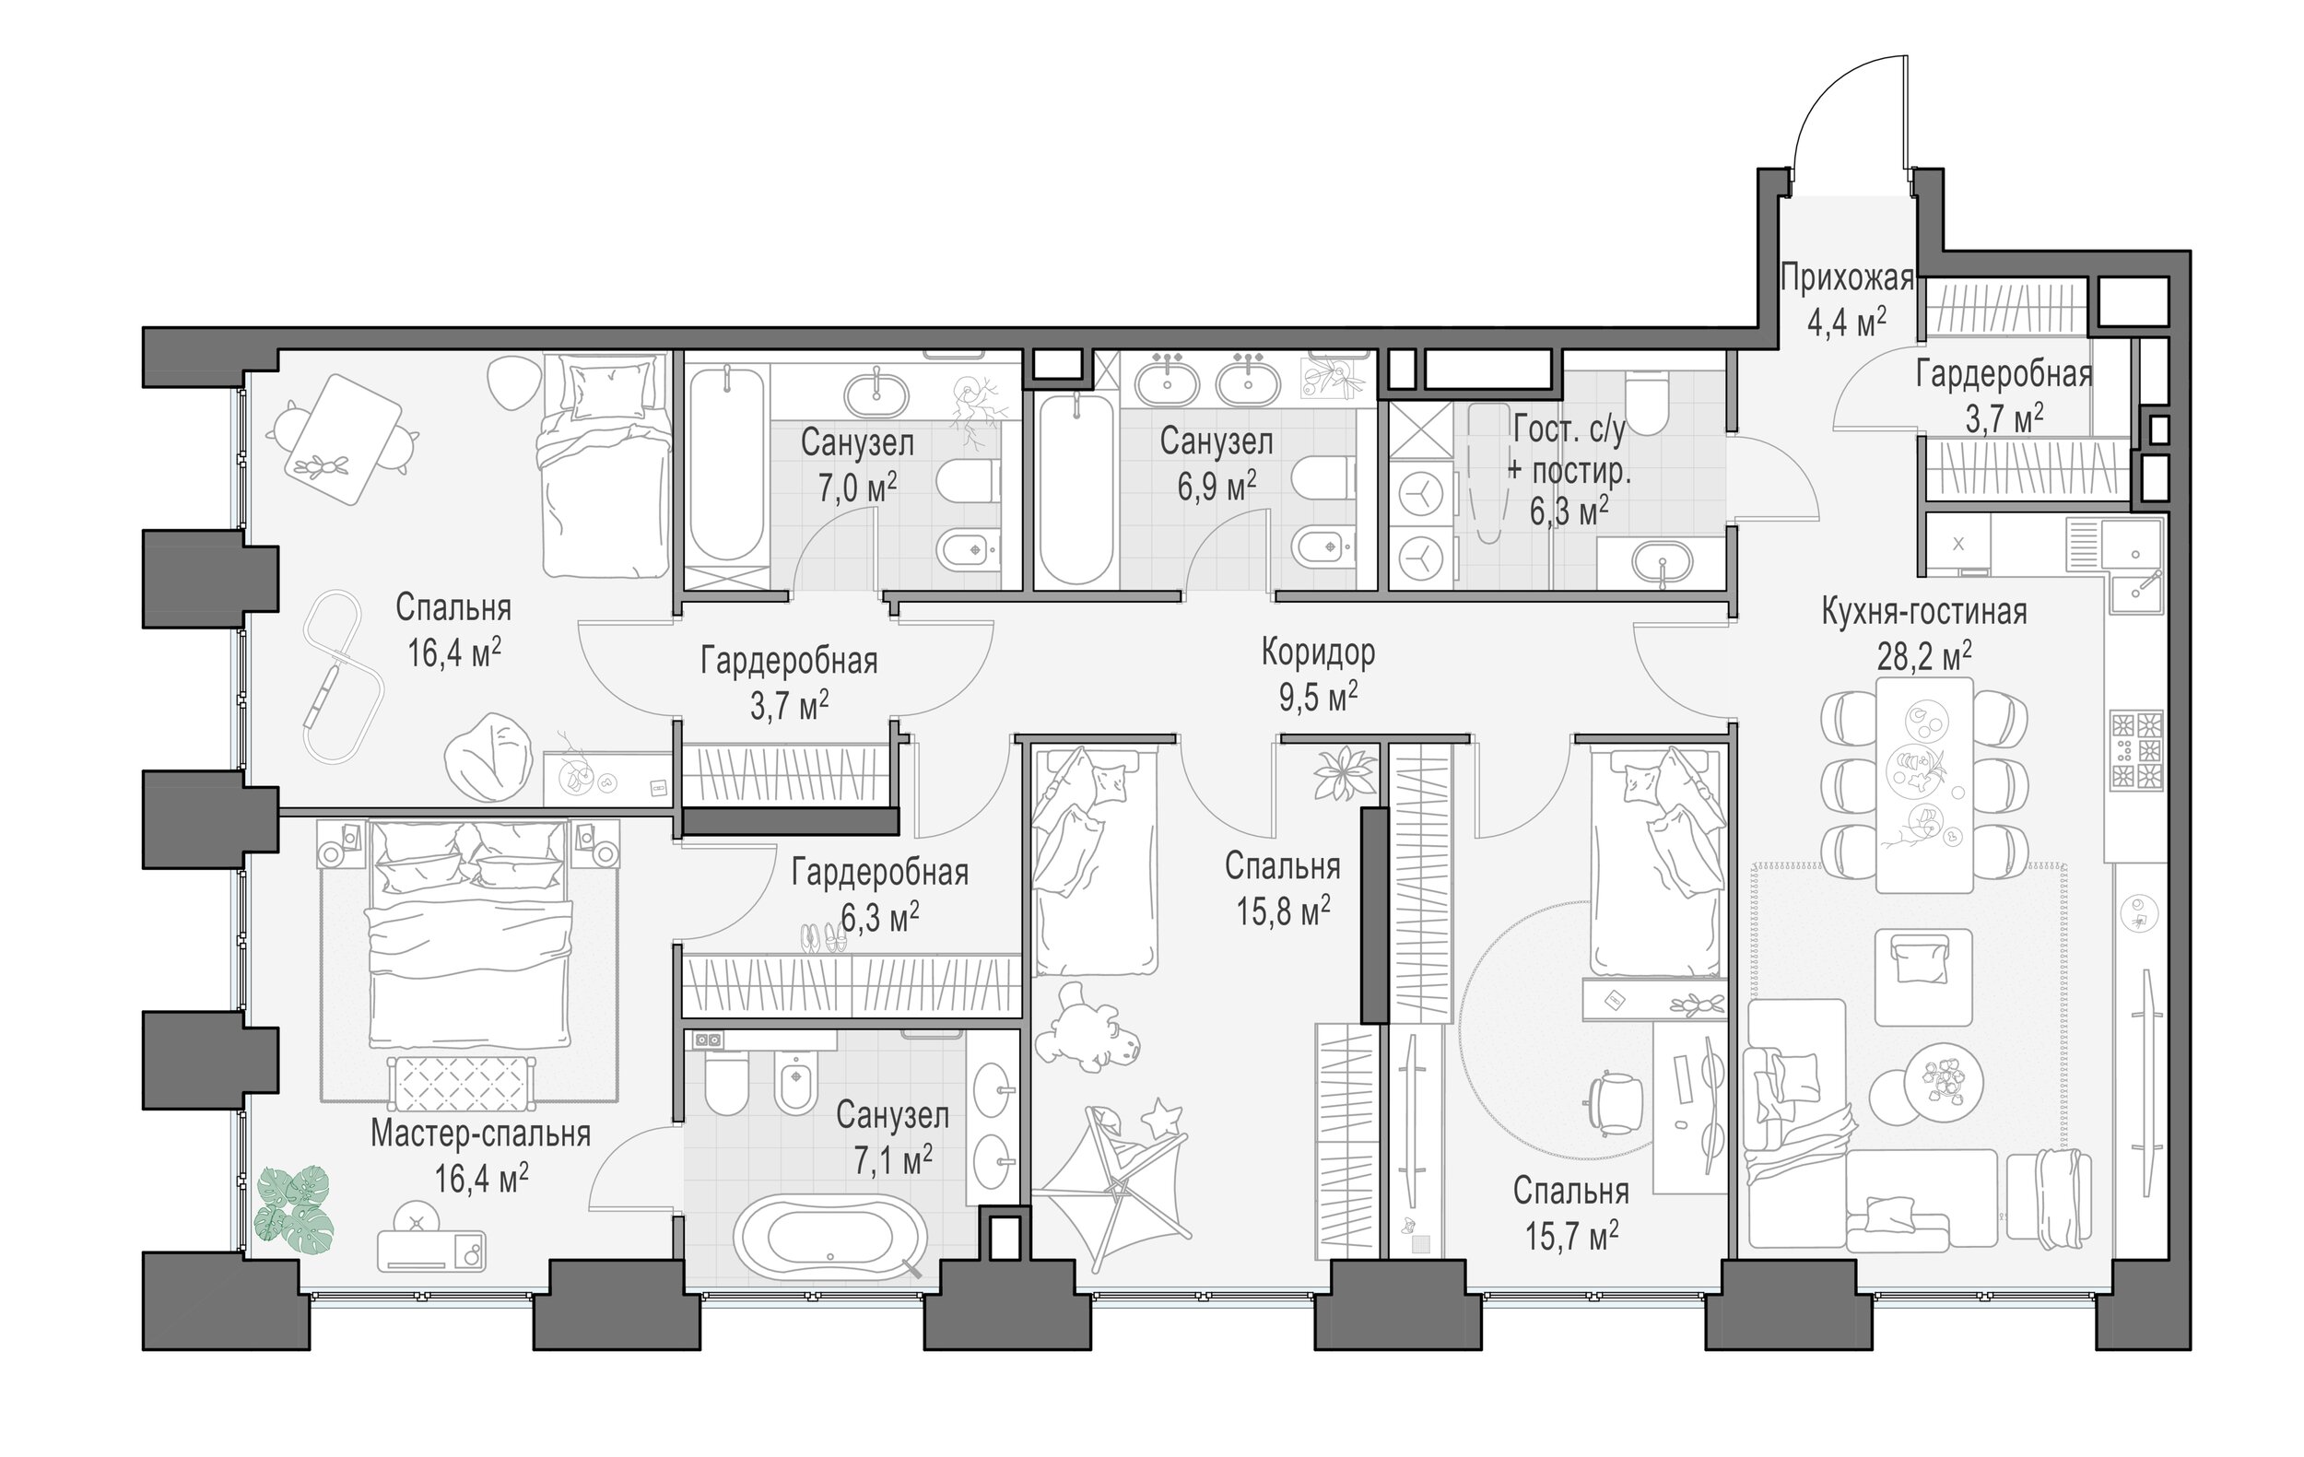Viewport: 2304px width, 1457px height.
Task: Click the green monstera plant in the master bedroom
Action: (295, 1210)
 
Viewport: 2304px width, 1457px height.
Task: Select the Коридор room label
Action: (1319, 652)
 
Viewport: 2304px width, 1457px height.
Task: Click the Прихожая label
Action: (1847, 278)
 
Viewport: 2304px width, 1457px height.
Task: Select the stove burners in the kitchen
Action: (2136, 750)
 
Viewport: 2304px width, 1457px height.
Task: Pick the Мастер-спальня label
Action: (480, 1134)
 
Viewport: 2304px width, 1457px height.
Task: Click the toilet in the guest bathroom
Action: (1647, 401)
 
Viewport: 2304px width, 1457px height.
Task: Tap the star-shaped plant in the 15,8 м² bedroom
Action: (1346, 772)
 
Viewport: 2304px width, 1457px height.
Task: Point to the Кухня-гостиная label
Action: (1924, 611)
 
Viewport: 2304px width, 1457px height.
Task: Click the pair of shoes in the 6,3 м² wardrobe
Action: (823, 937)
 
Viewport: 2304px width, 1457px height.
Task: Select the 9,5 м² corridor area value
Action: (1319, 698)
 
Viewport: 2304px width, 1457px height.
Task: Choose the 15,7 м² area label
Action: (1571, 1235)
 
